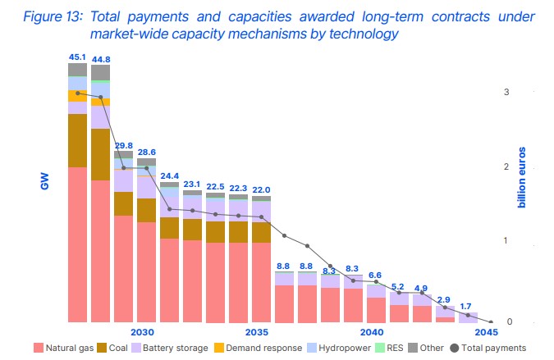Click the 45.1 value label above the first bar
77,57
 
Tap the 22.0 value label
261,190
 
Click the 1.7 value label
467,306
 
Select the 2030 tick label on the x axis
142,332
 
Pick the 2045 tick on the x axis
486,332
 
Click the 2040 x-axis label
372,332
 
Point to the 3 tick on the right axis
506,92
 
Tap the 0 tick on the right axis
506,322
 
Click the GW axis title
46,180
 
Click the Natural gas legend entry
66,348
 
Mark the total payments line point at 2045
491,322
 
